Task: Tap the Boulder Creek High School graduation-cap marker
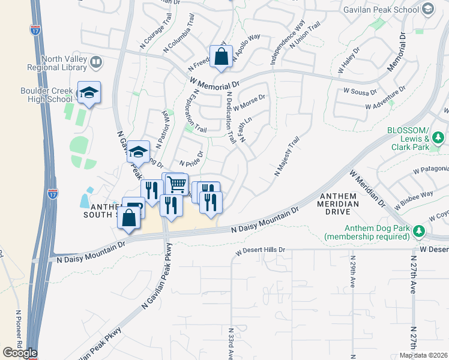pyautogui.click(x=89, y=93)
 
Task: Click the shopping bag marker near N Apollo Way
pyautogui.click(x=221, y=58)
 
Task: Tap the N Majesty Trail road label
pyautogui.click(x=287, y=157)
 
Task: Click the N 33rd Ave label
pyautogui.click(x=231, y=343)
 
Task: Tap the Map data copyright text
pyautogui.click(x=423, y=355)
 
